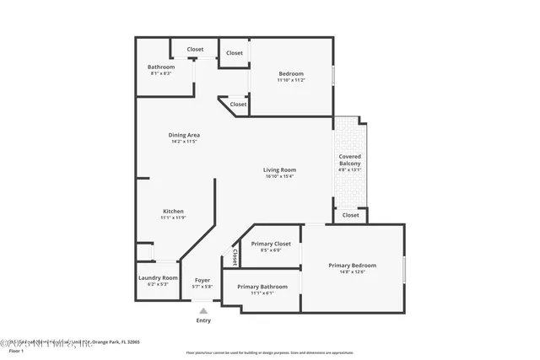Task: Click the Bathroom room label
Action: (x=161, y=67)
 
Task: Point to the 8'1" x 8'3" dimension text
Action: (x=161, y=73)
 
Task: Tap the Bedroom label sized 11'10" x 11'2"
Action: (x=290, y=73)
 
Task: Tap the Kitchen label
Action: (x=173, y=211)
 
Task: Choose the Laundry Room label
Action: (x=158, y=277)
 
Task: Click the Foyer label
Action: (x=202, y=280)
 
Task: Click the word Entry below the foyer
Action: (x=203, y=320)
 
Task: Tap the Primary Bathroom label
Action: (x=262, y=287)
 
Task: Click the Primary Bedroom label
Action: (x=352, y=266)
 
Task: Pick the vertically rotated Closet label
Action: (x=235, y=255)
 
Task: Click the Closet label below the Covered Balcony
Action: (x=350, y=215)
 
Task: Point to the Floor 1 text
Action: (x=16, y=351)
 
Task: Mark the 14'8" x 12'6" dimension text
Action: (x=352, y=272)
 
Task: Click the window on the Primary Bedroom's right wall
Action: (x=404, y=268)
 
